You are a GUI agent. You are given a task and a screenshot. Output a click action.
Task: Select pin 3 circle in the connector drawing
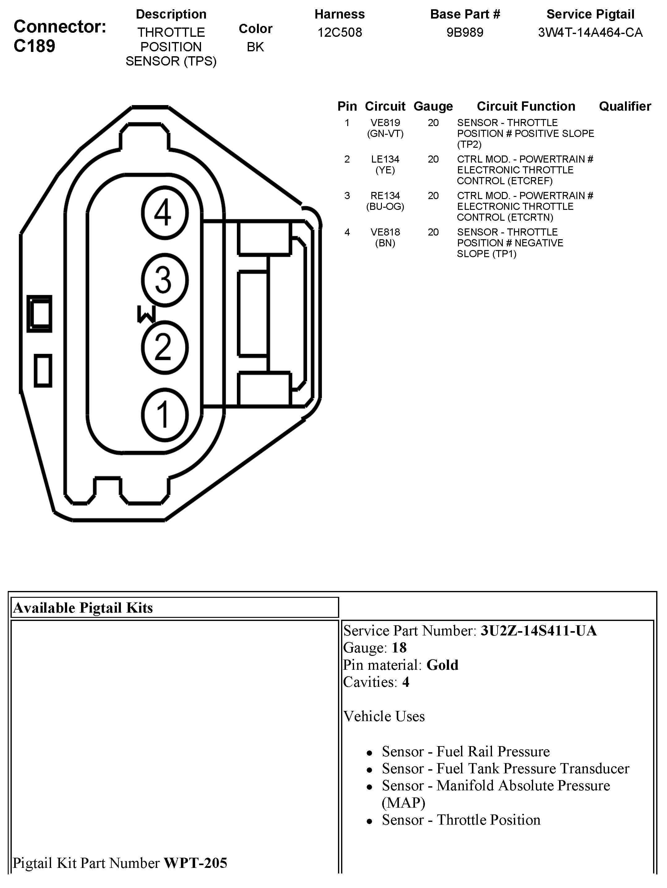tap(165, 280)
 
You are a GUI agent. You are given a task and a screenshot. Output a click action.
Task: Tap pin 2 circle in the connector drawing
tap(165, 347)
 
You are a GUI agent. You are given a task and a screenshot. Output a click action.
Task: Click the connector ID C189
tap(35, 46)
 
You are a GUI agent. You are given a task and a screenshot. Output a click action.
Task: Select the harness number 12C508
tap(340, 32)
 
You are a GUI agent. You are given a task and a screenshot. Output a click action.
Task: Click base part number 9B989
tap(465, 32)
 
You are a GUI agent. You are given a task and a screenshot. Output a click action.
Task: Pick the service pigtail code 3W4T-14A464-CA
tap(590, 32)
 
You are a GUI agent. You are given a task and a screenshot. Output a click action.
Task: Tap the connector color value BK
tap(255, 47)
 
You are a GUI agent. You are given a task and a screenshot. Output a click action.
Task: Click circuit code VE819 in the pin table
tap(385, 123)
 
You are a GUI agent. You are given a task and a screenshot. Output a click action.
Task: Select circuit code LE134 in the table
tap(385, 159)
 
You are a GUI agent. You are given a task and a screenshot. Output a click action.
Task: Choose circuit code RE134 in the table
tap(385, 196)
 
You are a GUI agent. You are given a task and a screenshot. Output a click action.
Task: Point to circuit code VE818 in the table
tap(385, 232)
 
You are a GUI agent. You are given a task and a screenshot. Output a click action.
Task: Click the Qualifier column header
tap(625, 106)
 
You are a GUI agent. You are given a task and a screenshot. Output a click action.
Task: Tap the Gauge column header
tap(433, 106)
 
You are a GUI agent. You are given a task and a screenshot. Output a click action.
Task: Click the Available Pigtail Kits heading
tap(83, 608)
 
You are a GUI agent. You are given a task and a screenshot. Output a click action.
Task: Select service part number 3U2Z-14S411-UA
tap(538, 631)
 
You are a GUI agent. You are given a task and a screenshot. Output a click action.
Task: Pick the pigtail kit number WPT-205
tap(195, 863)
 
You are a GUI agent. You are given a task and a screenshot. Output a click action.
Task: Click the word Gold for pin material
tap(442, 665)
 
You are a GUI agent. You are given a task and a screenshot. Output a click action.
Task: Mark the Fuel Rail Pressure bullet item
tap(466, 751)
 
